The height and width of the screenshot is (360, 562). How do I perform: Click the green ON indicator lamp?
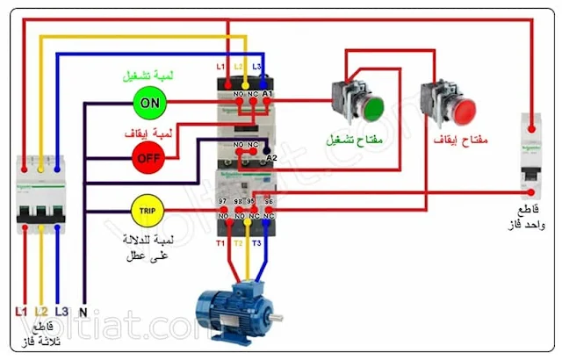[150, 103]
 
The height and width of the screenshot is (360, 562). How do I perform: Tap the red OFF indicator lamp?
[148, 158]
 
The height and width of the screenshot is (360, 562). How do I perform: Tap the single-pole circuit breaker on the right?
[532, 158]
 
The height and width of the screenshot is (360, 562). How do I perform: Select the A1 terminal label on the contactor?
[269, 93]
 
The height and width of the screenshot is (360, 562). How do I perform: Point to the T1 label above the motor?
[222, 241]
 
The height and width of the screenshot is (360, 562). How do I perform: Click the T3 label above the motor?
[257, 241]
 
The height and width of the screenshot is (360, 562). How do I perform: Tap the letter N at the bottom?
[83, 311]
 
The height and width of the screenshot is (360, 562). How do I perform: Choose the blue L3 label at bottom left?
[61, 311]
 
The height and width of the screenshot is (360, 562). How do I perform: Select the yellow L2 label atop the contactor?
[238, 67]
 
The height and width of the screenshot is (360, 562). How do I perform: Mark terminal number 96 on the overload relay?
[270, 201]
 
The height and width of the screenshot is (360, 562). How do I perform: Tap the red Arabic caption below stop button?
[461, 140]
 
